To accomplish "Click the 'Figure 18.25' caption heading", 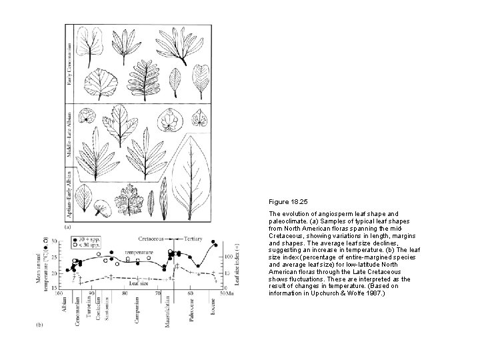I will point(287,200).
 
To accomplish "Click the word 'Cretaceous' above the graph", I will point(153,237).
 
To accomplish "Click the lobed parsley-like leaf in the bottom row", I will point(128,200).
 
